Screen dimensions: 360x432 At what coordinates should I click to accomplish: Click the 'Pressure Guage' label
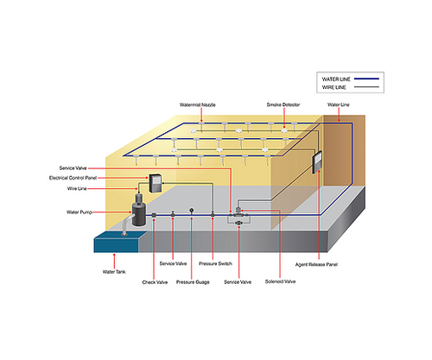pyautogui.click(x=192, y=281)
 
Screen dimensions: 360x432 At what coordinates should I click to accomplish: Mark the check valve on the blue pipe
pyautogui.click(x=154, y=216)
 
